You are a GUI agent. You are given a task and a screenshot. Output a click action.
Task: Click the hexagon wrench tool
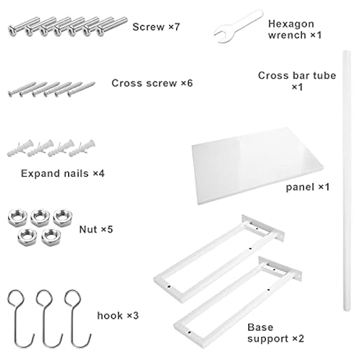235,25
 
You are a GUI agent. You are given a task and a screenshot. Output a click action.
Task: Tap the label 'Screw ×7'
157,26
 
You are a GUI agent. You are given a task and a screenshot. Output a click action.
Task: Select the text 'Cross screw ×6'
152,83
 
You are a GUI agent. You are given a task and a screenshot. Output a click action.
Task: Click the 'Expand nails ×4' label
63,173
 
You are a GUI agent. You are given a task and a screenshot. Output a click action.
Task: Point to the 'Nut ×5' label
96,228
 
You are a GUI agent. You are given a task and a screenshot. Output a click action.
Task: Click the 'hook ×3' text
117,316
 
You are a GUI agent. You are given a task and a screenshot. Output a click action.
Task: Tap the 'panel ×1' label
307,187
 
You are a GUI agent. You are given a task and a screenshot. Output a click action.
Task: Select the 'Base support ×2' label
275,332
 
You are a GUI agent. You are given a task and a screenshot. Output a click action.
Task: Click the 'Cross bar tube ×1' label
297,81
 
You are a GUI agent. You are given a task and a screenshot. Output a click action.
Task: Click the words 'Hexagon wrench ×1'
294,29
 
